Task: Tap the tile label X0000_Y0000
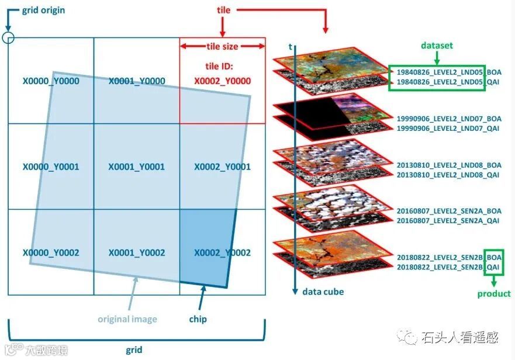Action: click(x=51, y=81)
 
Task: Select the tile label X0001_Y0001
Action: click(x=136, y=167)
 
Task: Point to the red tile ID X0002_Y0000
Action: click(x=222, y=81)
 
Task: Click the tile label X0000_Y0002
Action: click(x=51, y=253)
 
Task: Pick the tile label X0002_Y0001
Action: click(x=222, y=167)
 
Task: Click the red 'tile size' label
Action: click(x=222, y=46)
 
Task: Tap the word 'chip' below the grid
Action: click(x=198, y=319)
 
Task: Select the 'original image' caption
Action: click(x=127, y=319)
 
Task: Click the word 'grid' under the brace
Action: click(x=134, y=351)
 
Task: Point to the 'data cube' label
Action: click(x=323, y=292)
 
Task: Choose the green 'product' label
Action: click(x=494, y=294)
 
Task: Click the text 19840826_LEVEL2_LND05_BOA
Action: click(x=448, y=72)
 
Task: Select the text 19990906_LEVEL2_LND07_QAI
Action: click(x=448, y=128)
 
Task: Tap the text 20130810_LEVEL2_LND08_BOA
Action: click(x=448, y=165)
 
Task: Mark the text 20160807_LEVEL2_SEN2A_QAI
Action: click(x=448, y=221)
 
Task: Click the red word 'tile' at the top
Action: click(x=223, y=10)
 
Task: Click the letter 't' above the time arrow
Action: click(x=290, y=46)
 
